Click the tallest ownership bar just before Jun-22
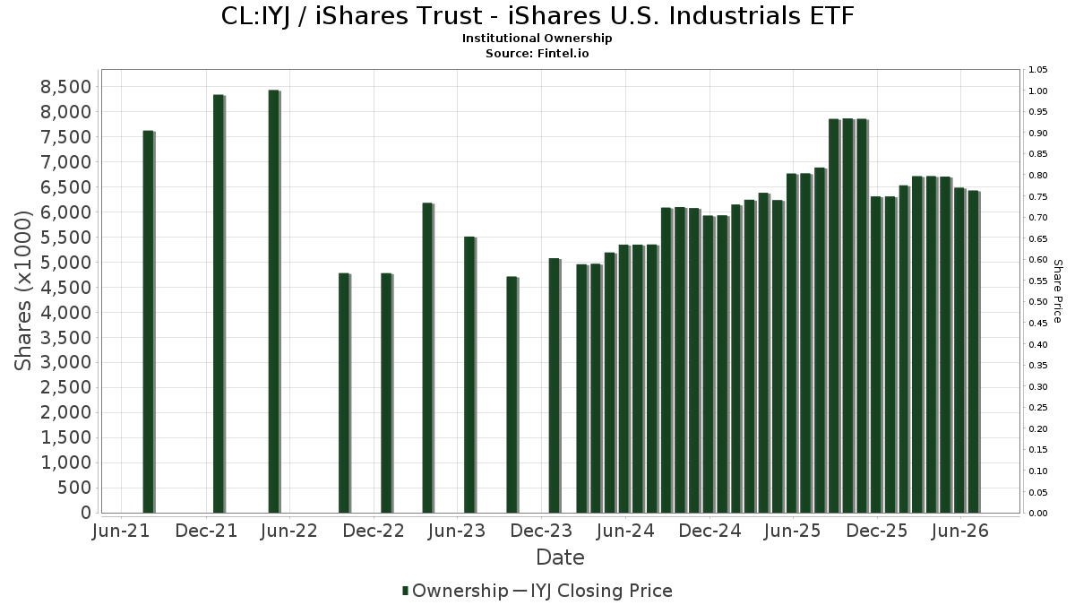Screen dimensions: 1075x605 point(274,301)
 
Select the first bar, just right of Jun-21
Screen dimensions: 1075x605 point(149,322)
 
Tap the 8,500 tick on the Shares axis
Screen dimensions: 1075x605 point(65,87)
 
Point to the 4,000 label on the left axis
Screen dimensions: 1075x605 point(65,313)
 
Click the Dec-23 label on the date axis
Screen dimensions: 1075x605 point(541,531)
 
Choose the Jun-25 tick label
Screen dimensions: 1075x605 point(793,531)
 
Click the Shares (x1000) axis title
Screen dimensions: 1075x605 point(22,291)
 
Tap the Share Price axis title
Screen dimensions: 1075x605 point(1057,291)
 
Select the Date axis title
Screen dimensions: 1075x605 point(560,557)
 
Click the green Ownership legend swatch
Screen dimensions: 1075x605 point(406,591)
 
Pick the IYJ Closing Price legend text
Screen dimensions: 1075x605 point(601,591)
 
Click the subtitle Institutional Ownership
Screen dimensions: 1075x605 point(537,39)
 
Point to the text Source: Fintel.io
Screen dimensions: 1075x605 point(537,53)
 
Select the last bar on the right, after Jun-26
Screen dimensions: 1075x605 point(974,352)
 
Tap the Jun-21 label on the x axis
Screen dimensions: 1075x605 point(121,531)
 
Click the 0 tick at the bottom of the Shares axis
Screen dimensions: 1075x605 point(86,513)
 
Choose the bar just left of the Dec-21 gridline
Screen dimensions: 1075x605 point(219,304)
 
